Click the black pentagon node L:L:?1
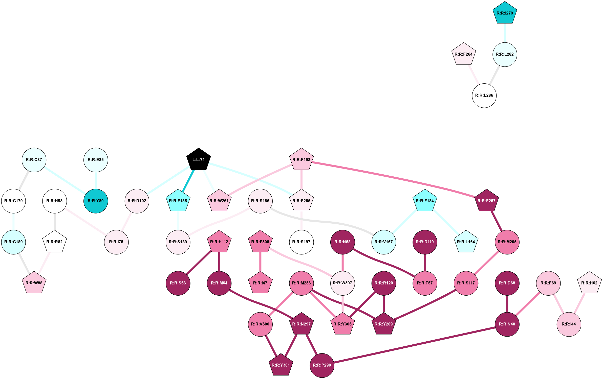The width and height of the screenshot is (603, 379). [x=199, y=160]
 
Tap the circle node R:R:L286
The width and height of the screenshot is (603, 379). [x=484, y=96]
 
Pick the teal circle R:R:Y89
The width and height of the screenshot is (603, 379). [x=96, y=201]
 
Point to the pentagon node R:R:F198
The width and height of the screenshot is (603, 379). [x=301, y=160]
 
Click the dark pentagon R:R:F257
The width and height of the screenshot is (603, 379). [x=486, y=201]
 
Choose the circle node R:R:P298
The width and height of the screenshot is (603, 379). [x=322, y=365]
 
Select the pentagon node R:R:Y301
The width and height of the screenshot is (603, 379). [x=281, y=365]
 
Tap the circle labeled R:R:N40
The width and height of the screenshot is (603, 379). [x=507, y=324]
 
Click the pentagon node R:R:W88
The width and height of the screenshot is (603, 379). [x=34, y=283]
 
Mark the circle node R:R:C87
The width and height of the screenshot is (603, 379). [x=34, y=160]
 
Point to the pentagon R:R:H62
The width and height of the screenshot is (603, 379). [x=589, y=283]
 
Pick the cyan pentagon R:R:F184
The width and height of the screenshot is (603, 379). [x=425, y=201]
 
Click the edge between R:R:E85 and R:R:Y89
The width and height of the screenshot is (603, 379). [x=96, y=180]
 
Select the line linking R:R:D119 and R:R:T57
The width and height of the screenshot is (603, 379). [x=425, y=263]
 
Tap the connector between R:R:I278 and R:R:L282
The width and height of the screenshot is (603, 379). [x=505, y=33]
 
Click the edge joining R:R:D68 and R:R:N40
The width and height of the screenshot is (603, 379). [x=507, y=303]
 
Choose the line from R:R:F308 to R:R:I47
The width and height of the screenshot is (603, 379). [x=260, y=262]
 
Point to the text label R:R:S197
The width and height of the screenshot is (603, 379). [x=301, y=242]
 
